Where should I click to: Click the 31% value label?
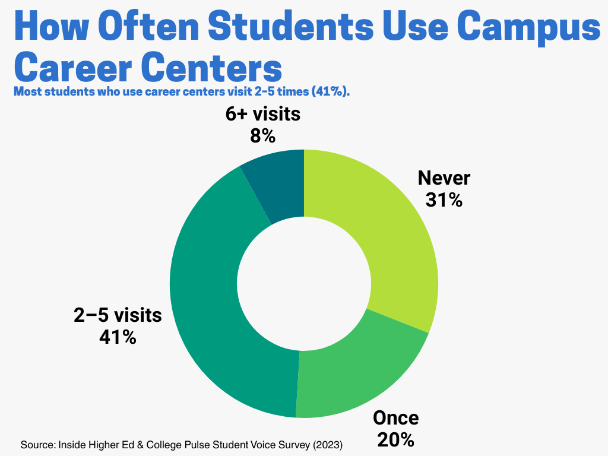(444, 200)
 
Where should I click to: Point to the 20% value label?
(395, 440)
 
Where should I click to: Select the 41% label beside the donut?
(118, 337)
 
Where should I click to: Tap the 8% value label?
(262, 136)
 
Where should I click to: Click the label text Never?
(444, 178)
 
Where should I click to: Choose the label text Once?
(395, 418)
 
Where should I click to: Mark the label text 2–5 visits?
(118, 315)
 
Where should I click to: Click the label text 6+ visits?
(262, 114)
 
